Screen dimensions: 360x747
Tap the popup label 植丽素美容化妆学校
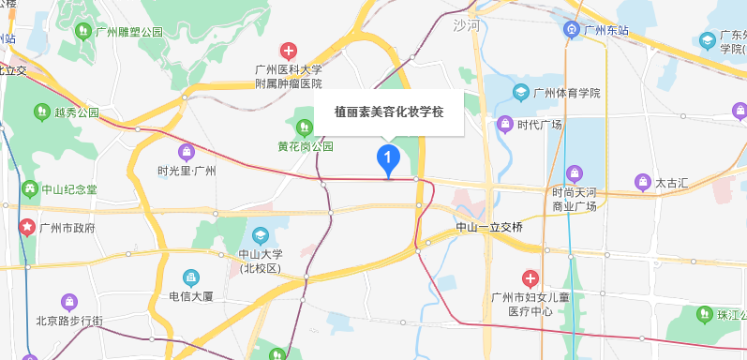tap(388, 112)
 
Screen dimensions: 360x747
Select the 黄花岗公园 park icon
tap(304, 127)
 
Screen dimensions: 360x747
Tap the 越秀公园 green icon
tap(41, 112)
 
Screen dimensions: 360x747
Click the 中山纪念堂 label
tap(70, 189)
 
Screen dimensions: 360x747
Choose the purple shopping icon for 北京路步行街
tap(67, 301)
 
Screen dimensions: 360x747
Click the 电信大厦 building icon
tap(191, 277)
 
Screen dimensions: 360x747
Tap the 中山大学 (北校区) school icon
tap(260, 234)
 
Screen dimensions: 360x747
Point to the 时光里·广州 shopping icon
tap(187, 151)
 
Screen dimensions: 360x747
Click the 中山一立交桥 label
tap(488, 228)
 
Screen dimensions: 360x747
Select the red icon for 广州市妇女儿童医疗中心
tap(530, 277)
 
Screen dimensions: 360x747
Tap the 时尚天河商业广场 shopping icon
tap(575, 172)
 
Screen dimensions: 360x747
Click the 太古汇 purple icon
tap(642, 181)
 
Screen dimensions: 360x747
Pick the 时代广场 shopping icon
tap(505, 124)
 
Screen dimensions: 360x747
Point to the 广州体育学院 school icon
tap(520, 93)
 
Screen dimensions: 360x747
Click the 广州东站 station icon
tap(570, 30)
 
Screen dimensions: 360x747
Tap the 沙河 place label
tap(465, 25)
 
